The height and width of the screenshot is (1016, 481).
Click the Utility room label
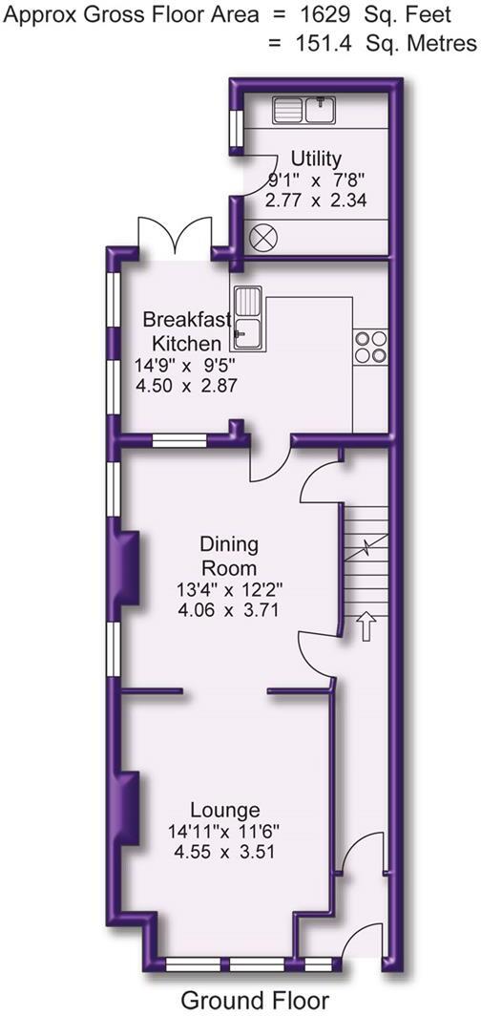317,159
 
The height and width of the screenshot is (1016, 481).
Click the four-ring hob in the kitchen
369,346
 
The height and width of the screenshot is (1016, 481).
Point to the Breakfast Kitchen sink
250,315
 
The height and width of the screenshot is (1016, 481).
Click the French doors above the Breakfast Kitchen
173,235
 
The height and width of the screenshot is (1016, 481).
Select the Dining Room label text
229,557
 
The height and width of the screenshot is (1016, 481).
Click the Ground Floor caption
255,999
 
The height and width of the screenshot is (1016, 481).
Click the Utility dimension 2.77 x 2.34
317,200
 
